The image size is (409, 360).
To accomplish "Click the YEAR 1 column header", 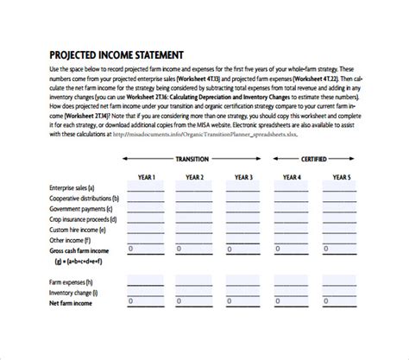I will click(147, 178).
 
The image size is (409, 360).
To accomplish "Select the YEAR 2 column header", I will click(195, 178).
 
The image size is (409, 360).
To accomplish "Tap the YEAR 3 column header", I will click(243, 178).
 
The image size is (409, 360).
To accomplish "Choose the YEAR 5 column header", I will click(342, 178).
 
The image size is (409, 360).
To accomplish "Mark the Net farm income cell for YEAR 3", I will click(243, 304).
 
